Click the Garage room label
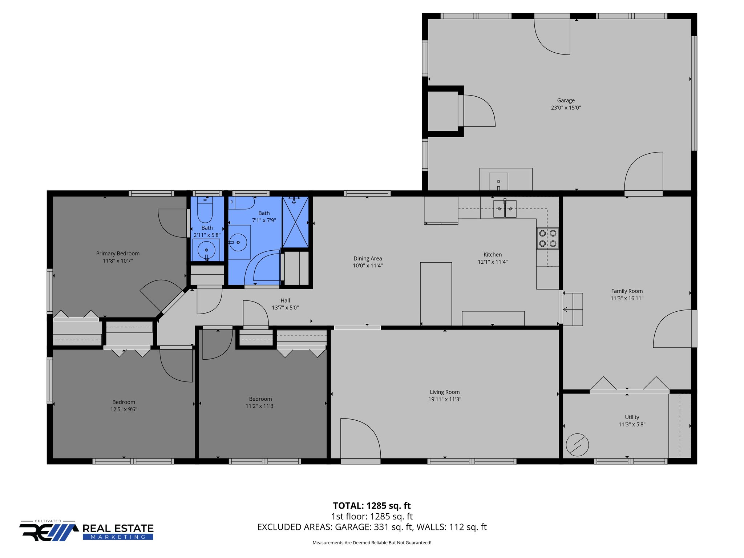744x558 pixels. pos(566,101)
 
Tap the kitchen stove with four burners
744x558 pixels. pos(547,238)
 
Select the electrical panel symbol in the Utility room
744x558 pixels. pos(577,445)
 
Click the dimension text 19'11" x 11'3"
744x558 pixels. pos(445,399)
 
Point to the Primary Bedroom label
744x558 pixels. pos(118,254)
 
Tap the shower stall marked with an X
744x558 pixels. pos(295,222)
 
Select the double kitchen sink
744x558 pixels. pos(505,210)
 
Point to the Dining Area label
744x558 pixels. pos(368,259)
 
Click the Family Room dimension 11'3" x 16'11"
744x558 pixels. pos(627,298)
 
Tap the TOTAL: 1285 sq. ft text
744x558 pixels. pos(372,506)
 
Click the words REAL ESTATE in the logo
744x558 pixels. pos(118,528)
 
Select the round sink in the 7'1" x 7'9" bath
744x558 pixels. pos(238,242)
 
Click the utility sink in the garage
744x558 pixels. pos(498,181)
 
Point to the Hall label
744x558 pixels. pos(285,300)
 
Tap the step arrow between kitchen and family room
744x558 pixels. pos(566,310)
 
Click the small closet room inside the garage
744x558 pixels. pos(442,111)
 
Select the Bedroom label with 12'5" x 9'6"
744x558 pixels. pos(124,402)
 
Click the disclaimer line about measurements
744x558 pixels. pos(372,543)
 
